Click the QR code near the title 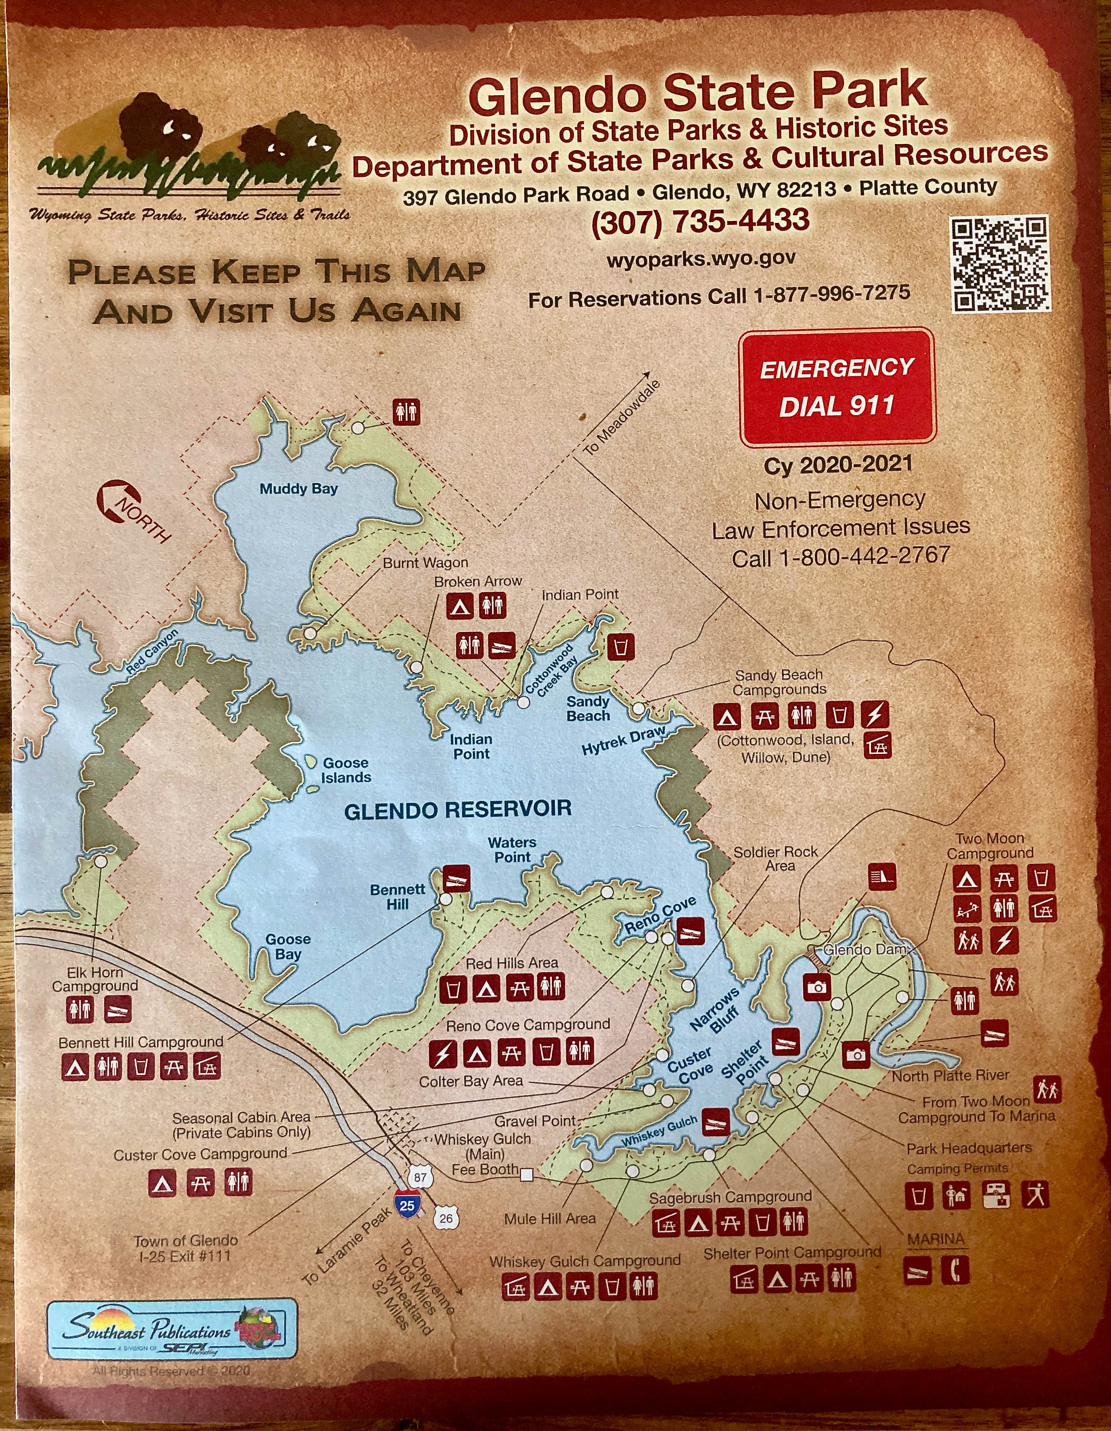[1000, 264]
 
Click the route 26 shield [446, 1218]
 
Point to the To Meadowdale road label [621, 417]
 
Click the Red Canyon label [152, 652]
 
